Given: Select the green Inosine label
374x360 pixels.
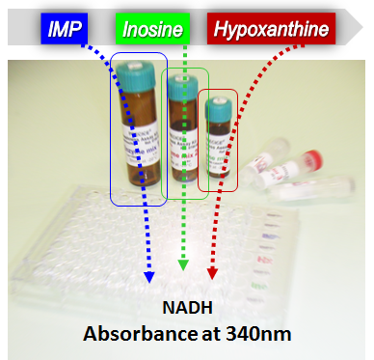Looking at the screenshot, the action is point(151,31).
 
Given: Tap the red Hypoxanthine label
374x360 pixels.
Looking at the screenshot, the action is point(269,31).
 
